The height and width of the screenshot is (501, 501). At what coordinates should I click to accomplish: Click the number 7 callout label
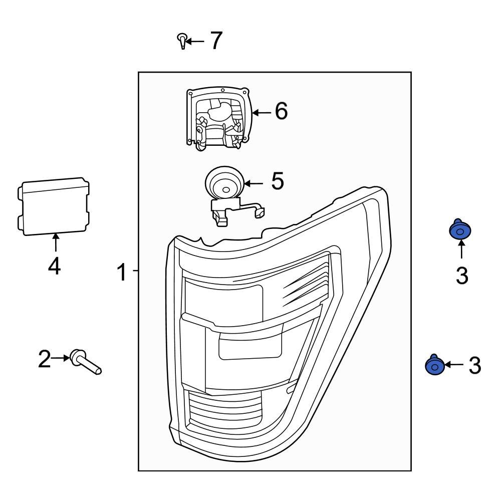(x=215, y=41)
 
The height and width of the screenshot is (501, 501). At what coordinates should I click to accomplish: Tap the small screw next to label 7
(x=183, y=41)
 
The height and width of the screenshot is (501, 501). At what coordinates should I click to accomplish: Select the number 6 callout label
(x=281, y=111)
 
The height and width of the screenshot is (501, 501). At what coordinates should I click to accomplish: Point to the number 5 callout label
(x=277, y=181)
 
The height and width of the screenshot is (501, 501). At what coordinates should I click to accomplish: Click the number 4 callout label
(x=54, y=266)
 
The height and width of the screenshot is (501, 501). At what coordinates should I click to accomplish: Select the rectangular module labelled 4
(x=54, y=206)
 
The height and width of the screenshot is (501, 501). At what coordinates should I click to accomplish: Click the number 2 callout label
(x=45, y=359)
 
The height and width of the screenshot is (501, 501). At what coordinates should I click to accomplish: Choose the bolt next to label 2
(x=86, y=363)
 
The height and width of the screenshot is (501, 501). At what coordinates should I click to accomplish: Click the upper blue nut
(x=459, y=231)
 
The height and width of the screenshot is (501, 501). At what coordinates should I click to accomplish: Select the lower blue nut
(x=434, y=365)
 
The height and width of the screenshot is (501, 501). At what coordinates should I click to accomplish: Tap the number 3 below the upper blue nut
(x=461, y=276)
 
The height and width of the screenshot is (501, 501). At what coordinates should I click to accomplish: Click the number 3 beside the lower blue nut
(x=474, y=366)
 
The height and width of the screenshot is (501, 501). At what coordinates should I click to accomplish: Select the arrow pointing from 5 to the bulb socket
(x=254, y=184)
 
